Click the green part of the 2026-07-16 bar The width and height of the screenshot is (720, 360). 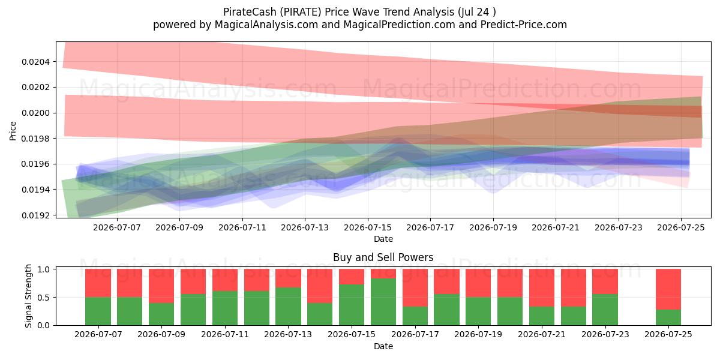click(x=383, y=302)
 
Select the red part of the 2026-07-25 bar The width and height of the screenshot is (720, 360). click(x=668, y=289)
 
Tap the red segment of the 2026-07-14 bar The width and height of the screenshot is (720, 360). click(x=319, y=286)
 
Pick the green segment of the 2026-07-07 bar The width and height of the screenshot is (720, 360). click(x=98, y=311)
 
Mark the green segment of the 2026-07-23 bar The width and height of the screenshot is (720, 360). click(x=605, y=310)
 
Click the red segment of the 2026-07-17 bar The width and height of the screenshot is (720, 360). click(x=415, y=287)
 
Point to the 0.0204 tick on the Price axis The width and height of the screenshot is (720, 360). click(x=35, y=62)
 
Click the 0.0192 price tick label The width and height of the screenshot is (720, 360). click(x=35, y=215)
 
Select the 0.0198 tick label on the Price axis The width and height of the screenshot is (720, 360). click(x=35, y=139)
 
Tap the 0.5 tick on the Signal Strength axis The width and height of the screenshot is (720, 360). click(x=44, y=298)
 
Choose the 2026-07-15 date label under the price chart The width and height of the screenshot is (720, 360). click(x=368, y=227)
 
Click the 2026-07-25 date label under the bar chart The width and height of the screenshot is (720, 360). click(x=668, y=334)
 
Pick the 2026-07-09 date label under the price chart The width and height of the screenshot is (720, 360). click(x=179, y=227)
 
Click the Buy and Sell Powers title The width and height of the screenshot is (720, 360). click(x=383, y=257)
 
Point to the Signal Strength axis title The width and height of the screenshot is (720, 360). click(x=29, y=296)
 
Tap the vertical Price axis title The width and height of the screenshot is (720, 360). click(x=13, y=131)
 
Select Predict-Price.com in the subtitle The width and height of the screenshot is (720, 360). click(x=524, y=25)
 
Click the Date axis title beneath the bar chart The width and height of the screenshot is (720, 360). click(x=383, y=346)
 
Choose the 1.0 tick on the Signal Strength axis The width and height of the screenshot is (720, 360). click(x=44, y=269)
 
